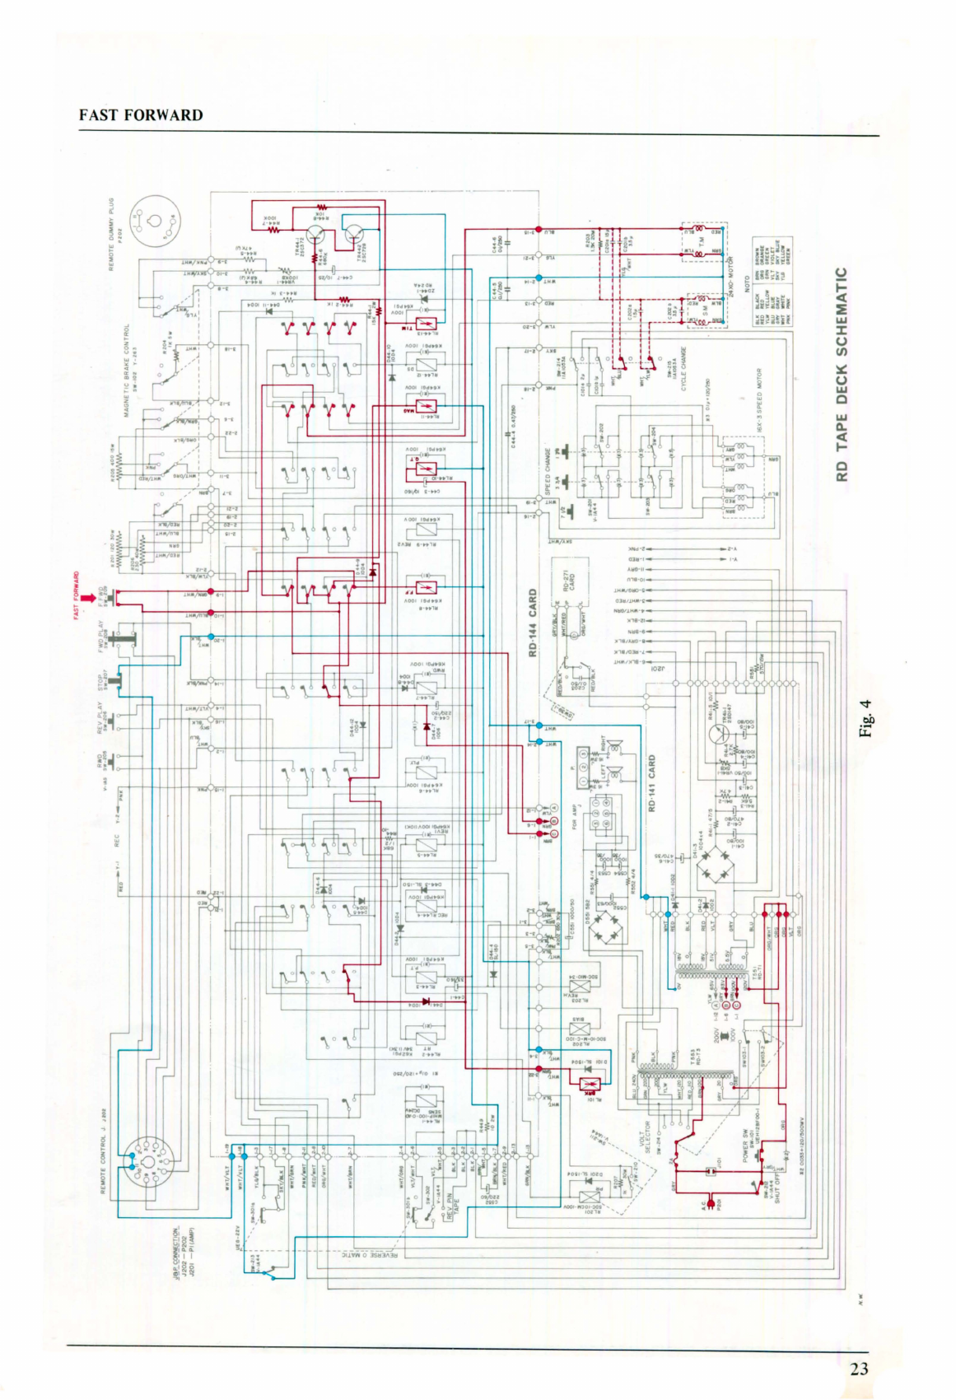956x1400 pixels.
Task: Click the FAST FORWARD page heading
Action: [141, 115]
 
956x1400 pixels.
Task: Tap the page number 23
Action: [859, 1369]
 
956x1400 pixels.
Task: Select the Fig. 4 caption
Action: [865, 718]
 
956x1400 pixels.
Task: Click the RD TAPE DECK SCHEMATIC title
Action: [841, 375]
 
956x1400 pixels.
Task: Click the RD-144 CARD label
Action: [533, 622]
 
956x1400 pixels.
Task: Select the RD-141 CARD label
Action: [652, 782]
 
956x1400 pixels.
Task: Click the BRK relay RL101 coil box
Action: [590, 1082]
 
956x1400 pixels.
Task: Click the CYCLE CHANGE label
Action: [683, 369]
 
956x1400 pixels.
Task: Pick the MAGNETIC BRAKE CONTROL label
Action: [127, 370]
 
